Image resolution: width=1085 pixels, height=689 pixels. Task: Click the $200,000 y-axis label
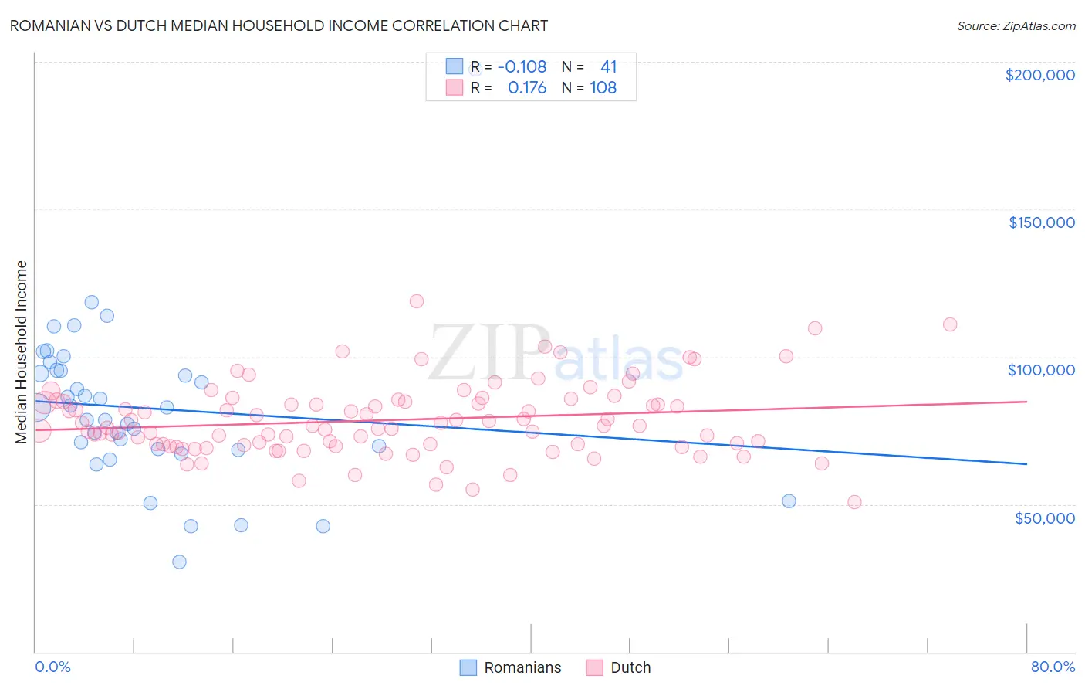[x=1039, y=75]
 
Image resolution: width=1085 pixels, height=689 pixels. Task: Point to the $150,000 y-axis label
[x=1041, y=222]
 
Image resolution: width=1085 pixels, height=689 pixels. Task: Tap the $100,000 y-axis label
[x=1041, y=370]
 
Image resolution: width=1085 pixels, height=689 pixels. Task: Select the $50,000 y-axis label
[x=1044, y=518]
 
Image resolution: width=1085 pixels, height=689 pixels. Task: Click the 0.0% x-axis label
[x=52, y=667]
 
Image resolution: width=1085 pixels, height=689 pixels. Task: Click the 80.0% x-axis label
[x=1053, y=667]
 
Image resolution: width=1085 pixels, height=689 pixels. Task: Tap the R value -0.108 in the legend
[x=522, y=66]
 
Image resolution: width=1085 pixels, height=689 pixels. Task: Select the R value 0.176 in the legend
[x=527, y=88]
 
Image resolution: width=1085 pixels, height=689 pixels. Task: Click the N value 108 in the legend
[x=603, y=88]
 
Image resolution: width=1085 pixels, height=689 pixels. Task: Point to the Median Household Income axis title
[x=22, y=352]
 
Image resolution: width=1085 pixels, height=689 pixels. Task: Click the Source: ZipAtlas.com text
[x=1016, y=26]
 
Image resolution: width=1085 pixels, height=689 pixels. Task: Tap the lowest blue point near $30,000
[x=179, y=562]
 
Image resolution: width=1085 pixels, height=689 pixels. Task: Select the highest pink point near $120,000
[x=417, y=301]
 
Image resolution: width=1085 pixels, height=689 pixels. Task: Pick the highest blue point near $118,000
[x=92, y=302]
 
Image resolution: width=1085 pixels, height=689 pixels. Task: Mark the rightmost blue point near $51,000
[x=789, y=501]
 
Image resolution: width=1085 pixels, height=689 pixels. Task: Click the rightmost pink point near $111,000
[x=950, y=324]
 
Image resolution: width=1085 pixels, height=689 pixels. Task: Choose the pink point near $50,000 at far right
[x=854, y=502]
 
